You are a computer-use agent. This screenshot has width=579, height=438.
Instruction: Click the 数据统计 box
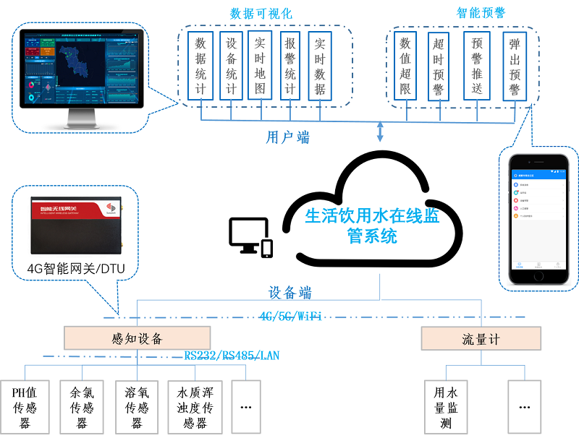coord(200,66)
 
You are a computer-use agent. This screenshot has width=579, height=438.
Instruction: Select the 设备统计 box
coord(231,66)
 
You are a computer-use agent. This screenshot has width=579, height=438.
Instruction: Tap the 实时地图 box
coord(261,66)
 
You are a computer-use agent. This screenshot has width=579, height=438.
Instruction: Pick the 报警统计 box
coord(290,66)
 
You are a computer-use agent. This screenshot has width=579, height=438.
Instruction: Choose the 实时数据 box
coord(320,66)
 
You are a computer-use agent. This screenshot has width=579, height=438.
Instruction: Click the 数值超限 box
coord(406,66)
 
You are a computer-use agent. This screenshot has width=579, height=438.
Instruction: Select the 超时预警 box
coord(438,66)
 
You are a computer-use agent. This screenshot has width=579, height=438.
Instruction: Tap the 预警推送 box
coord(476,66)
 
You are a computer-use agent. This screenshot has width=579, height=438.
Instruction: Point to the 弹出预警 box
coord(514,66)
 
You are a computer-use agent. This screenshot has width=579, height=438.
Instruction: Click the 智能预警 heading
coord(480,13)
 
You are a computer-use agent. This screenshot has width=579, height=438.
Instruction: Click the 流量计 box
coord(480,338)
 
